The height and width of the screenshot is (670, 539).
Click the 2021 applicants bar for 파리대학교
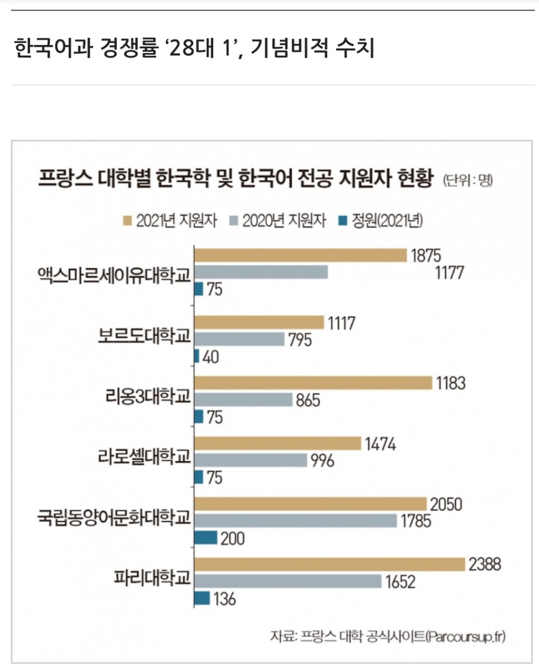329,564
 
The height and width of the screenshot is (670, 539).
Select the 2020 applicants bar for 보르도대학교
239,339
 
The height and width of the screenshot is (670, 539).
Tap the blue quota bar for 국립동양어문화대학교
206,538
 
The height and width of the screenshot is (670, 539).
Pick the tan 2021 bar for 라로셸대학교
278,443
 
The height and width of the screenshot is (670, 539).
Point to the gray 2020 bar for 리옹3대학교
244,400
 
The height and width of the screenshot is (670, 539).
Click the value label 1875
426,255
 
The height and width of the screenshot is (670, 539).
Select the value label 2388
485,564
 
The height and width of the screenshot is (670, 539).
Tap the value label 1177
449,272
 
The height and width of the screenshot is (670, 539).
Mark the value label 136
224,599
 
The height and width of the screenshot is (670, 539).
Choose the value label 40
211,357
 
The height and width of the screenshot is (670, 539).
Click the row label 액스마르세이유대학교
114,275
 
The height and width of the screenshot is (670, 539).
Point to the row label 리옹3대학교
148,397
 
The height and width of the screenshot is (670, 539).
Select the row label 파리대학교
153,578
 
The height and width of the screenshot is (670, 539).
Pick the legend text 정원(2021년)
387,221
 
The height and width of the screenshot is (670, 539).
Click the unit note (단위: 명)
468,180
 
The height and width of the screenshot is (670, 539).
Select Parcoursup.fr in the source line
466,636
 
